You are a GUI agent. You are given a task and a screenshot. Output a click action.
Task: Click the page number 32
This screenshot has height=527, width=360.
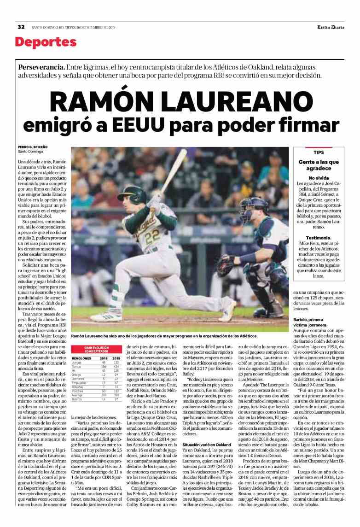coord(21,27)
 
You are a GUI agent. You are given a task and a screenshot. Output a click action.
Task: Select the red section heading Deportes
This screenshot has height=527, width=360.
coord(45,43)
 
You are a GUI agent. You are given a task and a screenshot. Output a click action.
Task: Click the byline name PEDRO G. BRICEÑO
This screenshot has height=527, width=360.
coord(33,147)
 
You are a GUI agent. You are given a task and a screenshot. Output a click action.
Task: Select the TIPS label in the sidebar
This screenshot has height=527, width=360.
coord(319,152)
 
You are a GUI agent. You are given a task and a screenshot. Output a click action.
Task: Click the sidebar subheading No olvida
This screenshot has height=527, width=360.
coord(319,178)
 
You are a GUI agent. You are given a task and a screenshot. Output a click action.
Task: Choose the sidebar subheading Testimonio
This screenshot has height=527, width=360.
coord(319,238)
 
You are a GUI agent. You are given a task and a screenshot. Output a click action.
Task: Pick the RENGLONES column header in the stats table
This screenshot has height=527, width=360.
coord(81,357)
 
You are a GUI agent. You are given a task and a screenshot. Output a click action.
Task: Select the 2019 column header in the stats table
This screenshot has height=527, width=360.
coord(116,357)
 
